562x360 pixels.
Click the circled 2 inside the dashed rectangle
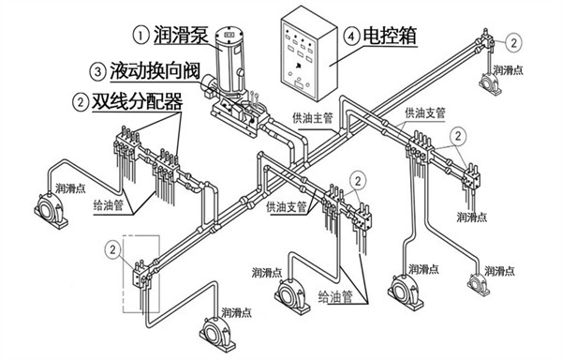[111, 249]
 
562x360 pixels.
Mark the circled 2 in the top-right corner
[514, 42]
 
